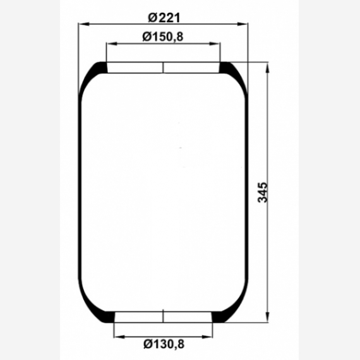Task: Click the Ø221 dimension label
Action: point(164,18)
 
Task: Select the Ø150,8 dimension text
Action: point(163,37)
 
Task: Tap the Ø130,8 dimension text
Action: point(164,344)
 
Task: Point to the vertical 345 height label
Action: point(263,193)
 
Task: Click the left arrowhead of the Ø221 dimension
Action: point(84,24)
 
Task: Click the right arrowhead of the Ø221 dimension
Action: point(243,24)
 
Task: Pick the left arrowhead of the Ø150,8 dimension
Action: point(112,44)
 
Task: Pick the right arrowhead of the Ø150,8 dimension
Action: point(215,44)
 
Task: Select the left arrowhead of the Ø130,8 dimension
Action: point(119,337)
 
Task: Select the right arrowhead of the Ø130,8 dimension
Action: point(207,337)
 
